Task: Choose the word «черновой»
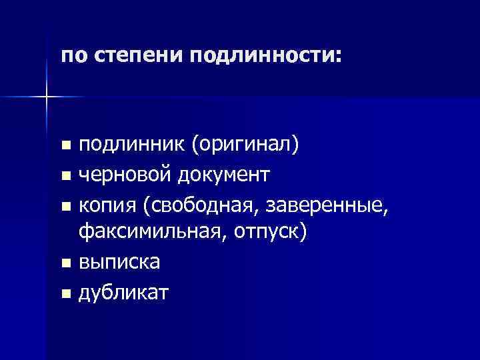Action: tap(125, 175)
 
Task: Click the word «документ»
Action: tap(223, 175)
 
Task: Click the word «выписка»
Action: tap(119, 262)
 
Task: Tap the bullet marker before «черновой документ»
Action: tap(64, 177)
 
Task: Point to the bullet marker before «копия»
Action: tap(64, 206)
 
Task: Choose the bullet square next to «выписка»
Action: tap(64, 263)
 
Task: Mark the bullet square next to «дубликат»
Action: tap(64, 293)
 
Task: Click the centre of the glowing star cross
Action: tap(47, 97)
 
